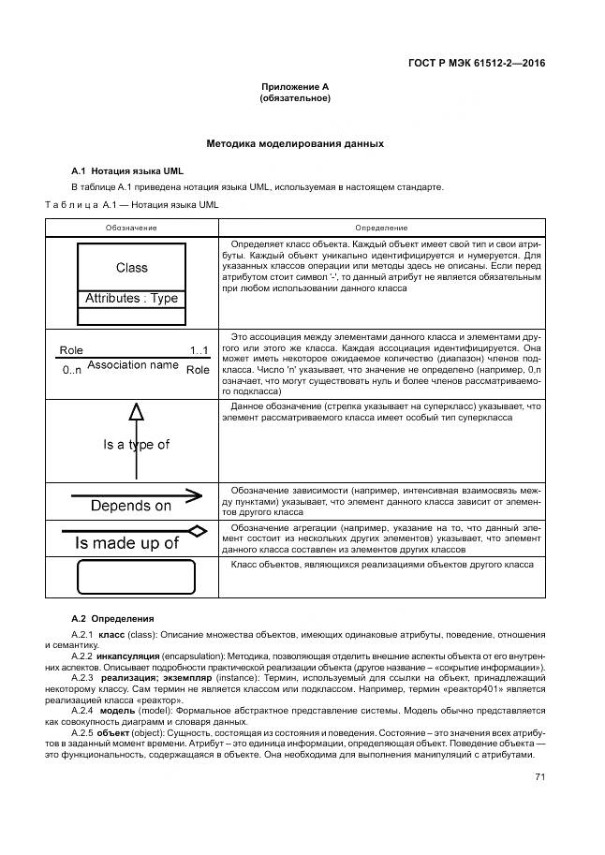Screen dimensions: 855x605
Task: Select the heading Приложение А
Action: point(295,86)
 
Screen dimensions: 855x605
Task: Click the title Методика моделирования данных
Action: point(295,144)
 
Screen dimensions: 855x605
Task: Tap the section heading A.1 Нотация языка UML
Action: point(128,171)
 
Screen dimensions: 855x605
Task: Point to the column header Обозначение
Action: point(131,228)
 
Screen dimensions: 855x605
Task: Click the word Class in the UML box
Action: point(132,267)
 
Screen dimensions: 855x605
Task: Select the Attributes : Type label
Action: point(132,299)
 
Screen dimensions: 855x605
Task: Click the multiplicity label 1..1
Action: point(199,351)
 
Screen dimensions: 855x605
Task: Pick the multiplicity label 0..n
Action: point(72,370)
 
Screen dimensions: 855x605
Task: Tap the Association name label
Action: point(132,364)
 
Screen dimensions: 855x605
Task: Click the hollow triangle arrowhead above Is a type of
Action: point(137,411)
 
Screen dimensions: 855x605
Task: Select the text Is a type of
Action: point(137,444)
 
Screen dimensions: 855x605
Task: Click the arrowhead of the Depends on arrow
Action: point(195,494)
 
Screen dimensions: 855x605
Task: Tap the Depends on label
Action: point(131,506)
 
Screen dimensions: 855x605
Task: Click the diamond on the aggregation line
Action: point(196,531)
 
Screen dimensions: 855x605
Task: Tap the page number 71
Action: point(539,776)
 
